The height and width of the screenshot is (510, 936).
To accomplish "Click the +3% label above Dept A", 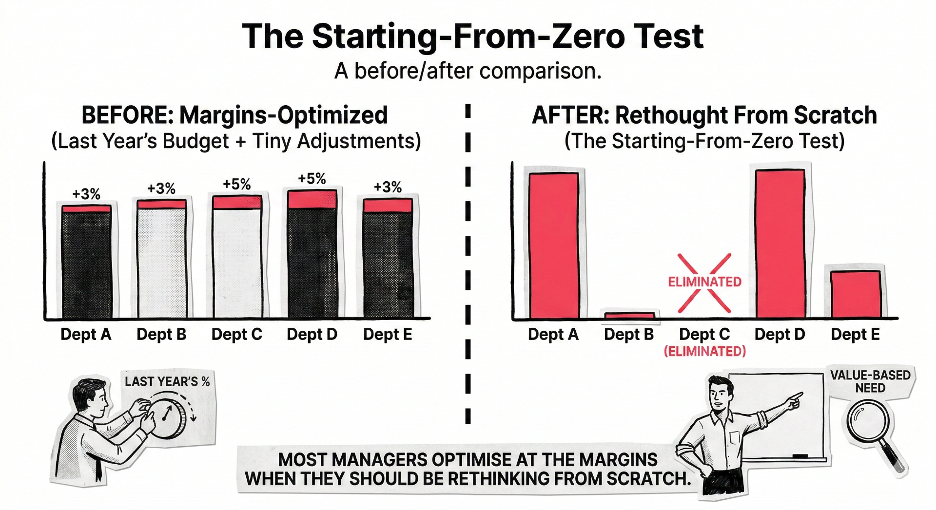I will (x=86, y=194).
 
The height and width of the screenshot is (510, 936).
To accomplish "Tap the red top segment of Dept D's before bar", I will (x=312, y=200).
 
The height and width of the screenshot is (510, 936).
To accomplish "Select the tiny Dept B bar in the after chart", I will (x=629, y=316).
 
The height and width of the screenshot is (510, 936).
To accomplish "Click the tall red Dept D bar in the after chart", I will (x=780, y=244).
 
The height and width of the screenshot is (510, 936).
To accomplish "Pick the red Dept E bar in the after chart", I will (x=856, y=294).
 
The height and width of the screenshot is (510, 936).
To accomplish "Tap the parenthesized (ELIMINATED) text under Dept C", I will (x=705, y=351).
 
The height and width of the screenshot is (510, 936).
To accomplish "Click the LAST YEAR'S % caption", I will (x=167, y=381).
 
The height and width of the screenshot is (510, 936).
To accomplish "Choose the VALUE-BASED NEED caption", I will (x=870, y=381).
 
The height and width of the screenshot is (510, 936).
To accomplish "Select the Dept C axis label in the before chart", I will (x=237, y=335).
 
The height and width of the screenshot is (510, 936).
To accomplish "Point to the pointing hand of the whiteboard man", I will (x=795, y=399).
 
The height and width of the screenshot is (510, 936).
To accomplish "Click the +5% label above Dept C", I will (x=237, y=184).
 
